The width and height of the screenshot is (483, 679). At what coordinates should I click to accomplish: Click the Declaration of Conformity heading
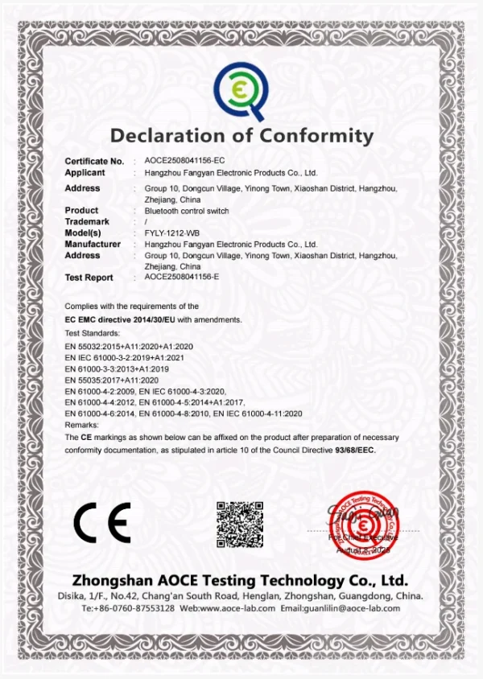point(242,135)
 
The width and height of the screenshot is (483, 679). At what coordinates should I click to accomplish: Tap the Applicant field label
point(85,172)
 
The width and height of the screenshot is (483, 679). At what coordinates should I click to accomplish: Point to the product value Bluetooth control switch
point(186,211)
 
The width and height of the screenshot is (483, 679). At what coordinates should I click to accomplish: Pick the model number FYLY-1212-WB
point(171,233)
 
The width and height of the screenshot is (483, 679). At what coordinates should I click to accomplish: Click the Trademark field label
point(86,222)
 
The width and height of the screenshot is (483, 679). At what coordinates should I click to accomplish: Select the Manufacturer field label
point(93,244)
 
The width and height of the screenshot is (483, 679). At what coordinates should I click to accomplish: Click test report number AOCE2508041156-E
point(181,277)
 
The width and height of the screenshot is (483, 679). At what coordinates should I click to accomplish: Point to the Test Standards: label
point(92,332)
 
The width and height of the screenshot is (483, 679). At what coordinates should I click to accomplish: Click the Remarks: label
point(81,424)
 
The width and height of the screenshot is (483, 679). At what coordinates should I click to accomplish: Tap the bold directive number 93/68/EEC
point(353,451)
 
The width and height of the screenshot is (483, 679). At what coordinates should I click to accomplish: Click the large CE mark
point(101,523)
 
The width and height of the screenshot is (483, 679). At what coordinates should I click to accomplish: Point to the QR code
point(240,523)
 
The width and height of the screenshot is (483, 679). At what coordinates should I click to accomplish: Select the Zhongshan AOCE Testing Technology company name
point(240,580)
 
